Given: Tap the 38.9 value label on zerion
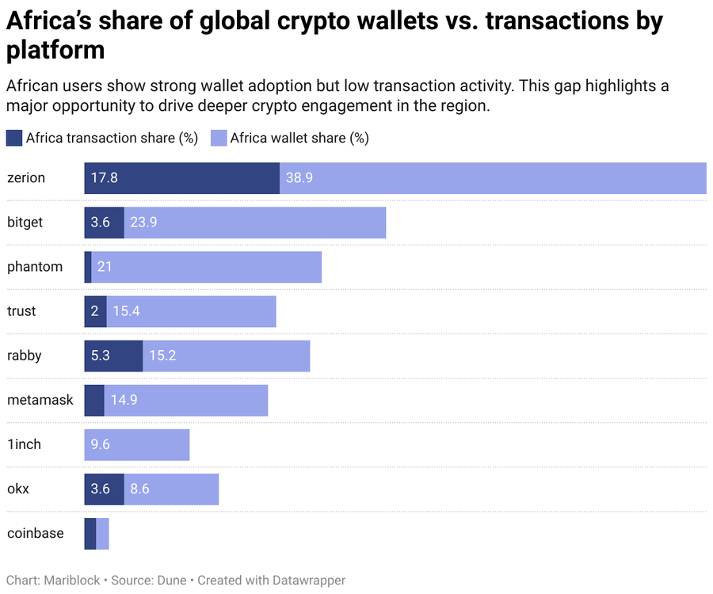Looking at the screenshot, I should tap(299, 178).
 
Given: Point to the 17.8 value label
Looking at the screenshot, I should tap(104, 178).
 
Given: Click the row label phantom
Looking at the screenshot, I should tap(35, 267).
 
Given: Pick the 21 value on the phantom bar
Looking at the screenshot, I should tap(105, 267).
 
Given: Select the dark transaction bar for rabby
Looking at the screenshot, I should tap(113, 356).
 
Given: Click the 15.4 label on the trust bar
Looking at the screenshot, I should tap(127, 311).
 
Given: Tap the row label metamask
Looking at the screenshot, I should tap(40, 400).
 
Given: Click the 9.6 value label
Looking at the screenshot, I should tap(101, 444).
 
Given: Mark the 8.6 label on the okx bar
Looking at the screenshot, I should tap(139, 489).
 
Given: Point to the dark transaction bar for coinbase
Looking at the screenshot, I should tap(90, 533).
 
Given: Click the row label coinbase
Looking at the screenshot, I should tap(36, 533).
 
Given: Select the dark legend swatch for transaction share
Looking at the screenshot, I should tap(14, 138).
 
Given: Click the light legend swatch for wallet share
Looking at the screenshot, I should tap(219, 138).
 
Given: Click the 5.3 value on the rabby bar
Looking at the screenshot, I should tap(101, 356).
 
